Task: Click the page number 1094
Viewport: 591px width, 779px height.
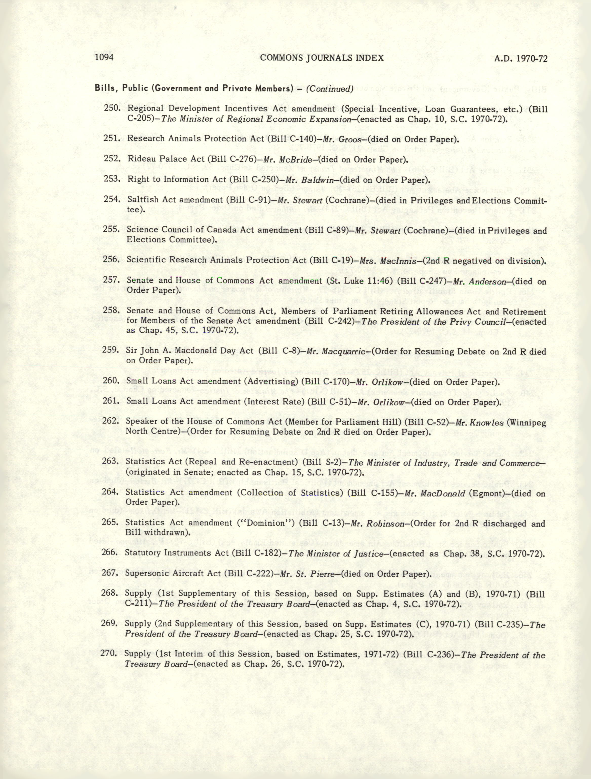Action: point(104,57)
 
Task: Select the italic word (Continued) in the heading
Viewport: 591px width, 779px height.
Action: point(330,89)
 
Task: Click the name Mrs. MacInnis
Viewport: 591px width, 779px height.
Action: point(383,261)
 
